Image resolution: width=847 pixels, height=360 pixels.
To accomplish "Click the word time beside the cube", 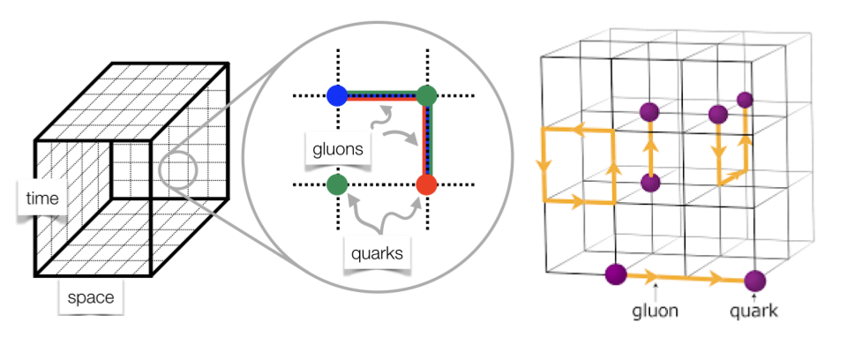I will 42,199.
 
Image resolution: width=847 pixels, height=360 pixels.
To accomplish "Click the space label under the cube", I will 92,297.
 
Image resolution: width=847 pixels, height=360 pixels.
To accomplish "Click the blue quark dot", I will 336,95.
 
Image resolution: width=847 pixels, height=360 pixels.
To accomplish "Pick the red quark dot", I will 426,186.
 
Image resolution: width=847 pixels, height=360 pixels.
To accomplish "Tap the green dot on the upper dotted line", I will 427,95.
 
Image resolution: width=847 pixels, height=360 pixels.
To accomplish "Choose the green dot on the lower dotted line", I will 336,186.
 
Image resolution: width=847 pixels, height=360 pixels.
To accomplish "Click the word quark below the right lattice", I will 753,311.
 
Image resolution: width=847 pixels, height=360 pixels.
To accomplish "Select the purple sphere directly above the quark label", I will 753,281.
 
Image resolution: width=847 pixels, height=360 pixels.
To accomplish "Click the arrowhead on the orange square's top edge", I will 581,130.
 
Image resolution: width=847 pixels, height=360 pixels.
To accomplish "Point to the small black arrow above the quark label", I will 753,297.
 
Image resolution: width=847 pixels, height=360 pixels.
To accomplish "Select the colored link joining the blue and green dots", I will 381,95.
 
